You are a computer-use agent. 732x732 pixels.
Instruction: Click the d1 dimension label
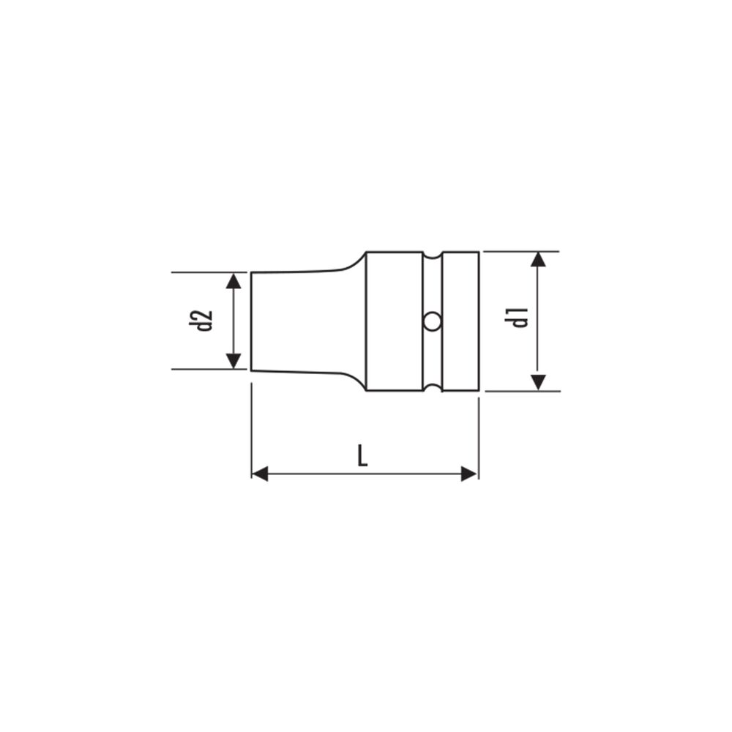tap(519, 317)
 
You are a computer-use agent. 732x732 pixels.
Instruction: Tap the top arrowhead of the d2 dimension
tap(234, 281)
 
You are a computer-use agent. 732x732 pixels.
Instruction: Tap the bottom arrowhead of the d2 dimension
tap(234, 361)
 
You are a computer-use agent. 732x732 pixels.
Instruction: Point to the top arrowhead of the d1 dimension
tap(538, 260)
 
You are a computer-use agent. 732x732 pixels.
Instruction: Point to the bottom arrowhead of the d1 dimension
tap(538, 382)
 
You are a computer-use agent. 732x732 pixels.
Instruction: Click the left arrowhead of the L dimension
tap(260, 474)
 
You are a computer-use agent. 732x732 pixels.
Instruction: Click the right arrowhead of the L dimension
tap(468, 474)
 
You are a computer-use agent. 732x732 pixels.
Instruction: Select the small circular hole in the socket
tap(432, 321)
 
